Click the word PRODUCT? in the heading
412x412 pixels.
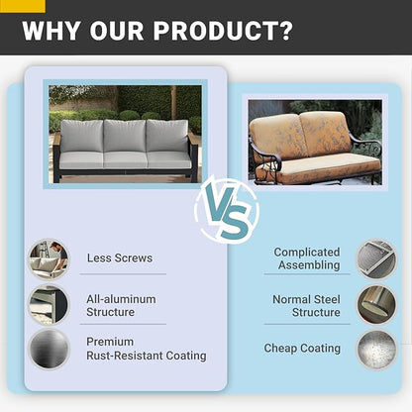click(x=223, y=31)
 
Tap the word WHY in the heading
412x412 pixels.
click(x=51, y=31)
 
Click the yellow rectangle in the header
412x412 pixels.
click(x=23, y=6)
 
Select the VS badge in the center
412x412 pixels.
click(x=227, y=210)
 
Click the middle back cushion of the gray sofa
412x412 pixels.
click(x=125, y=136)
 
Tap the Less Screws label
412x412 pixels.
click(x=120, y=257)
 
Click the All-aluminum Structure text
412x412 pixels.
click(x=121, y=305)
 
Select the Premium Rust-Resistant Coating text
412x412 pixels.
click(x=147, y=349)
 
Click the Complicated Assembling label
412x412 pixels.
click(x=307, y=258)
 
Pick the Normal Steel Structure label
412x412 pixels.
click(x=306, y=306)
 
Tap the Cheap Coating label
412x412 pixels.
click(x=302, y=348)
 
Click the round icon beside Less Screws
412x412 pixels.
click(x=49, y=259)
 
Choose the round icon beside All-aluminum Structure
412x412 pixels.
click(x=49, y=305)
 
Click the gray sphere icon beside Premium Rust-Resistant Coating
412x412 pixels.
click(x=49, y=349)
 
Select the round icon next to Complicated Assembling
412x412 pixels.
click(x=376, y=259)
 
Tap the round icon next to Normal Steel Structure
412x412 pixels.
click(x=376, y=304)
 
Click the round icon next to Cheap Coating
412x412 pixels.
click(x=376, y=350)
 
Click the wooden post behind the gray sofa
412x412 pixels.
click(x=173, y=103)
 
